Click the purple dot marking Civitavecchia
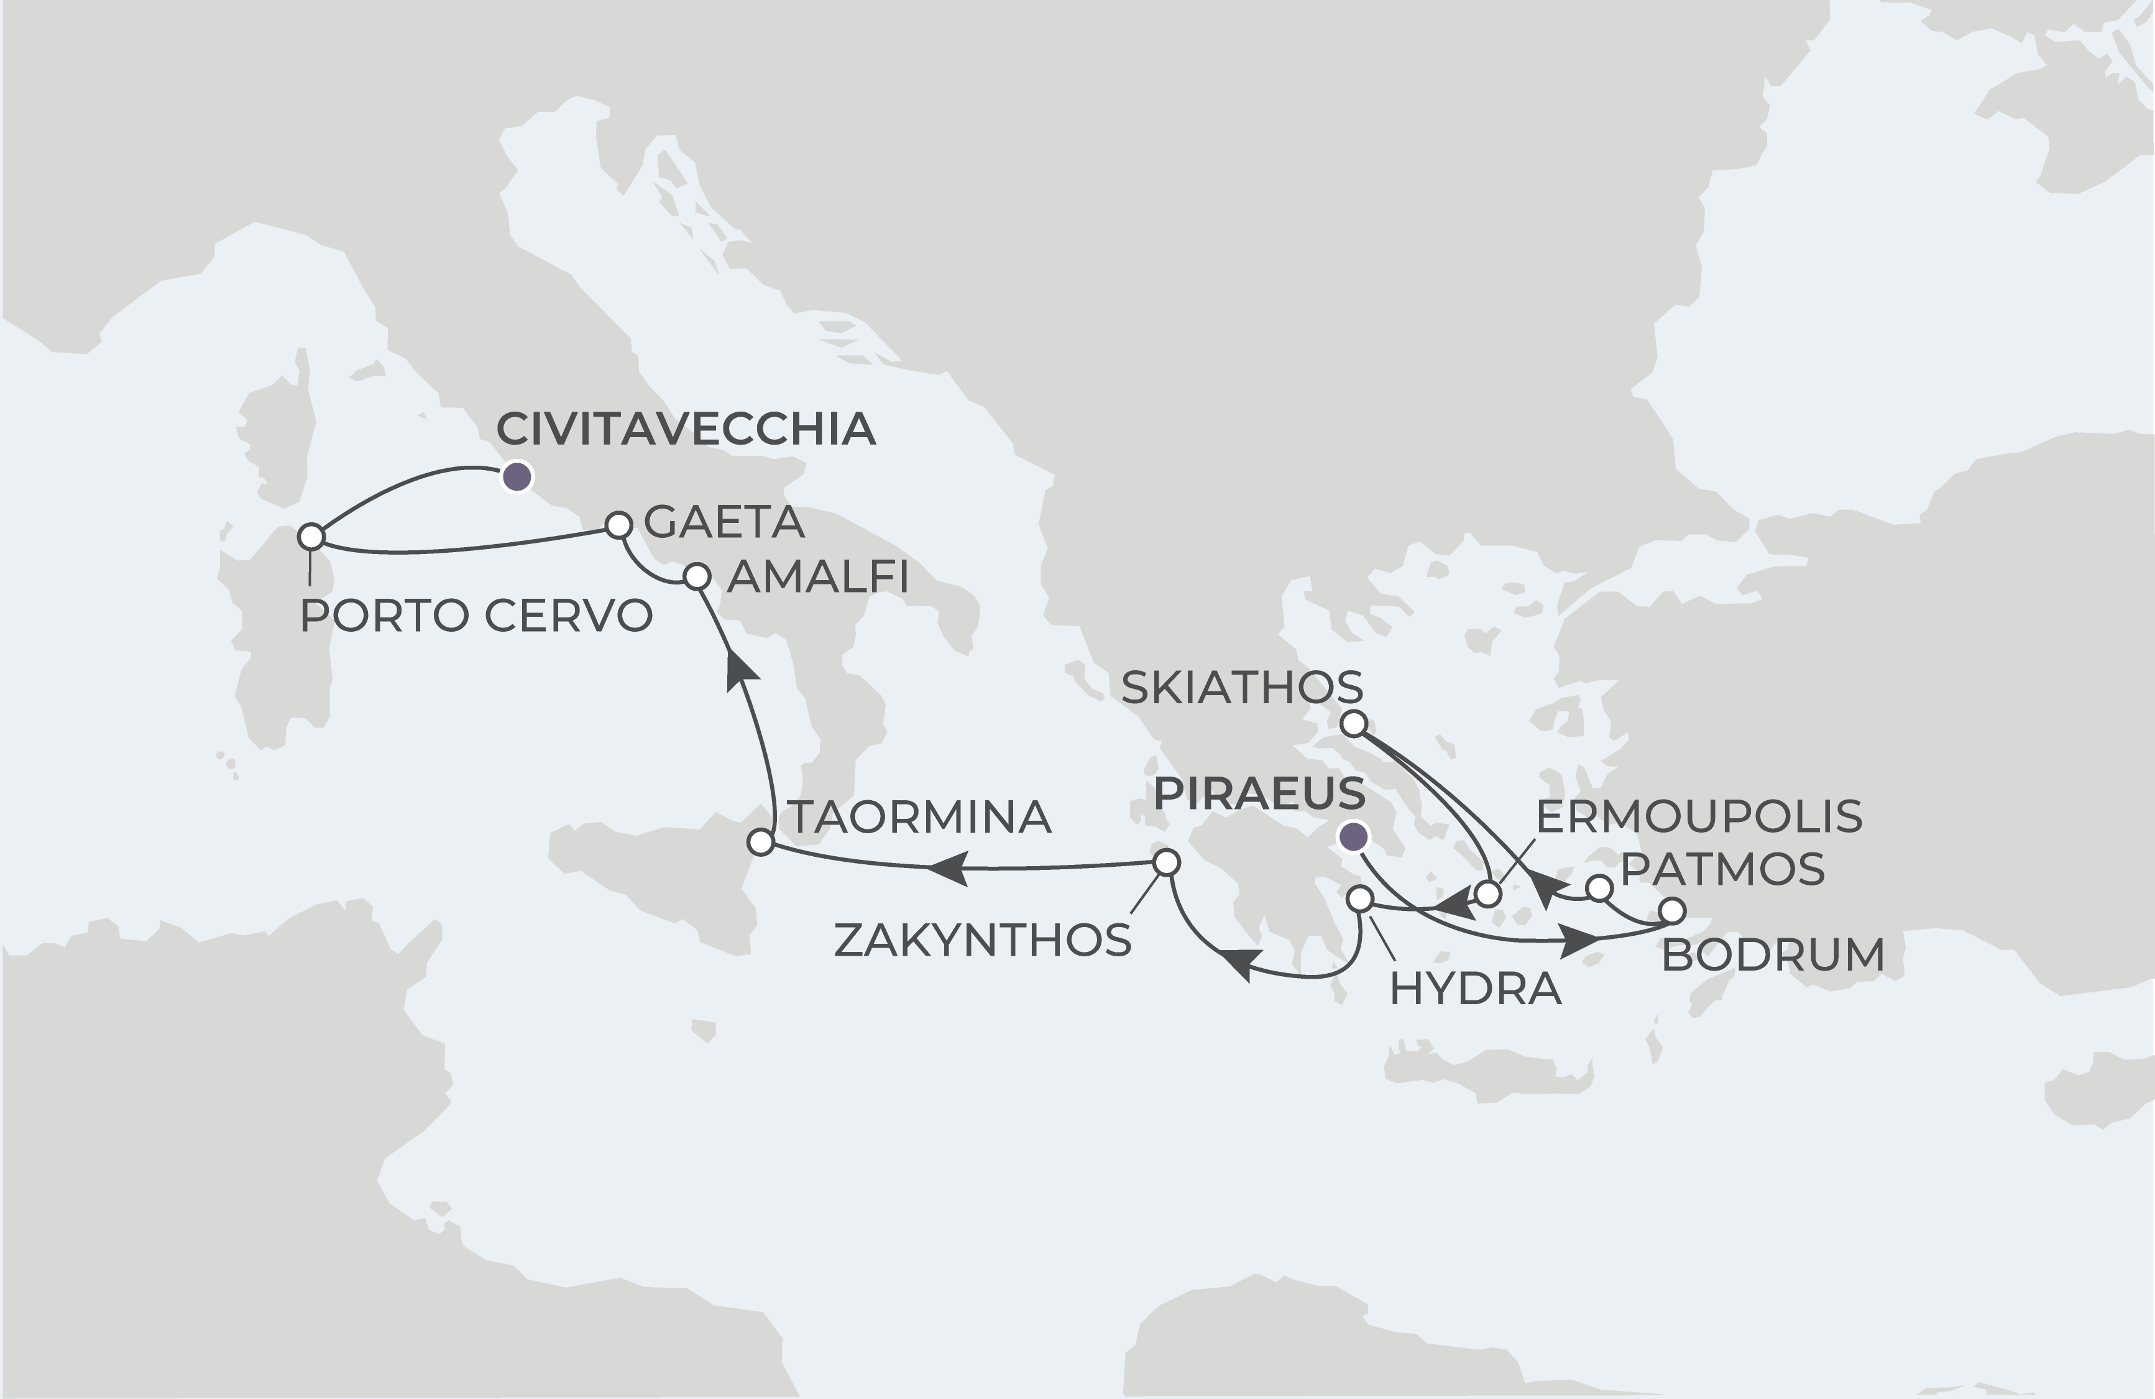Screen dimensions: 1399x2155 pyautogui.click(x=517, y=476)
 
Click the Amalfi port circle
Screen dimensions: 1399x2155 pyautogui.click(x=696, y=576)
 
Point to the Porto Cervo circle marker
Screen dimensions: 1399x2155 pyautogui.click(x=311, y=537)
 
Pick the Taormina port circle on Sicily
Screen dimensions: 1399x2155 pyautogui.click(x=761, y=842)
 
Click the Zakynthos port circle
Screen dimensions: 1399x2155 pyautogui.click(x=1166, y=861)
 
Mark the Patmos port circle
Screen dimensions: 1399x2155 pyautogui.click(x=1600, y=889)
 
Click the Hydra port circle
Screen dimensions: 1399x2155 pyautogui.click(x=1360, y=898)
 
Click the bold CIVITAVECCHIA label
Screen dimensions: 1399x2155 pyautogui.click(x=686, y=429)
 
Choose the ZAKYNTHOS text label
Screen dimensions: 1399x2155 pyautogui.click(x=983, y=940)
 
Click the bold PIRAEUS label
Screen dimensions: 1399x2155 pyautogui.click(x=1259, y=793)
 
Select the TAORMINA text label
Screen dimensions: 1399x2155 pyautogui.click(x=921, y=817)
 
